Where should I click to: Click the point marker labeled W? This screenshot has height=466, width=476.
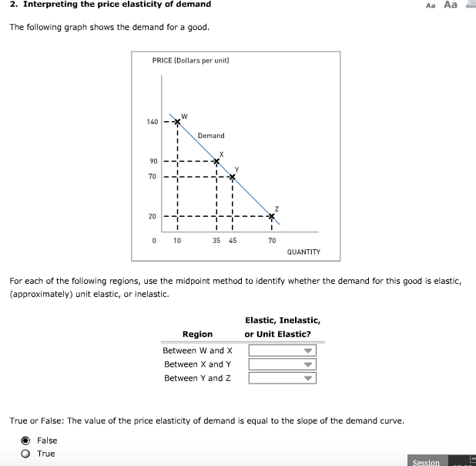coord(177,122)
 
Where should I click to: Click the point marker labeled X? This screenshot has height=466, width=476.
coord(216,161)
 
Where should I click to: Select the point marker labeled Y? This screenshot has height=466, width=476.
coord(232,177)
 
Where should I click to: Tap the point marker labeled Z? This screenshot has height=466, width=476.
coord(271,216)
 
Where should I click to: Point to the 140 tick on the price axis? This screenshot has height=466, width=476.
coord(152,122)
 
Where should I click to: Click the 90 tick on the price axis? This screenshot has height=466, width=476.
coord(153,161)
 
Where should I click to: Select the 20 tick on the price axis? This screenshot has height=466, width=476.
coord(153,217)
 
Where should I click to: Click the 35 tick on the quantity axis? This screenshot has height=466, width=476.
coord(216,241)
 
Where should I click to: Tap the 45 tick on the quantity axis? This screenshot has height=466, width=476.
coord(232,241)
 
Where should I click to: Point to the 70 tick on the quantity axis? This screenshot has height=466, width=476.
coord(271,241)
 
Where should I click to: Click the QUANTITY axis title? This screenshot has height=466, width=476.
coord(303,252)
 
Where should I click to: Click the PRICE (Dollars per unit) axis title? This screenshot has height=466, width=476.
coord(191,59)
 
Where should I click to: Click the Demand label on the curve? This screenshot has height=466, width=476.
coord(211,136)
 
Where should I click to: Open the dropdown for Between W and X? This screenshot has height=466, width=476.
coord(282,350)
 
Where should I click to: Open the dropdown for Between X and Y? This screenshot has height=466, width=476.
coord(282,364)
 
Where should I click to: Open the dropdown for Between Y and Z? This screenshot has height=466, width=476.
coord(282,378)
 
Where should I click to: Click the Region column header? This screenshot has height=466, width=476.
coord(197,334)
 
